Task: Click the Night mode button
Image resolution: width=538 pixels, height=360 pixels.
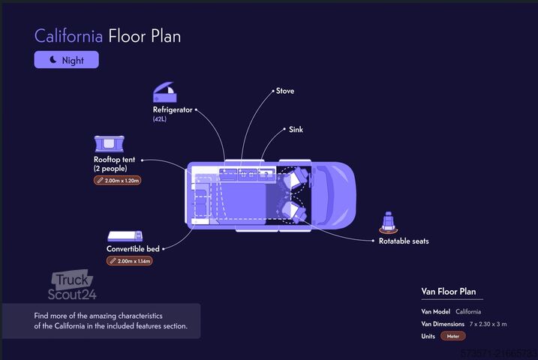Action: pos(66,60)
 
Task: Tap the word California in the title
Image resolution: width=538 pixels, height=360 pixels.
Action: pos(69,35)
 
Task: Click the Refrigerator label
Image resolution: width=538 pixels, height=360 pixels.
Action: pos(173,109)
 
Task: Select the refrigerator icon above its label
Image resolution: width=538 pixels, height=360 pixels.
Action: pos(166,93)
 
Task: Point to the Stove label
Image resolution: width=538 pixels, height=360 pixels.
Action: pos(285,91)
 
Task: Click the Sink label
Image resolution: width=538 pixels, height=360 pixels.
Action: pos(296,130)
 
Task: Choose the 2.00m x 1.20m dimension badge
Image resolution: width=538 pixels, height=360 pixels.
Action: pos(118,181)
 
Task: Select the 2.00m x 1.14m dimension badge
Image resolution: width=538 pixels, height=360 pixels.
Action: pos(130,261)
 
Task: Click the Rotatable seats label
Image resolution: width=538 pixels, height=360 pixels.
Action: pos(404,241)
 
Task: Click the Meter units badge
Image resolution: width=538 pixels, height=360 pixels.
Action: pos(453,336)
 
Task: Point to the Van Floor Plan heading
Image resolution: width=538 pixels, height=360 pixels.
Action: pos(448,292)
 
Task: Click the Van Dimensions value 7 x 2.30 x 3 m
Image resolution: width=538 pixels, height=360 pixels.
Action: pos(488,324)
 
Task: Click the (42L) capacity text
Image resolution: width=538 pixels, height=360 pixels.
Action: pos(161,119)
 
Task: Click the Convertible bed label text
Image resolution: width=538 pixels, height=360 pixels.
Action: pos(133,249)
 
